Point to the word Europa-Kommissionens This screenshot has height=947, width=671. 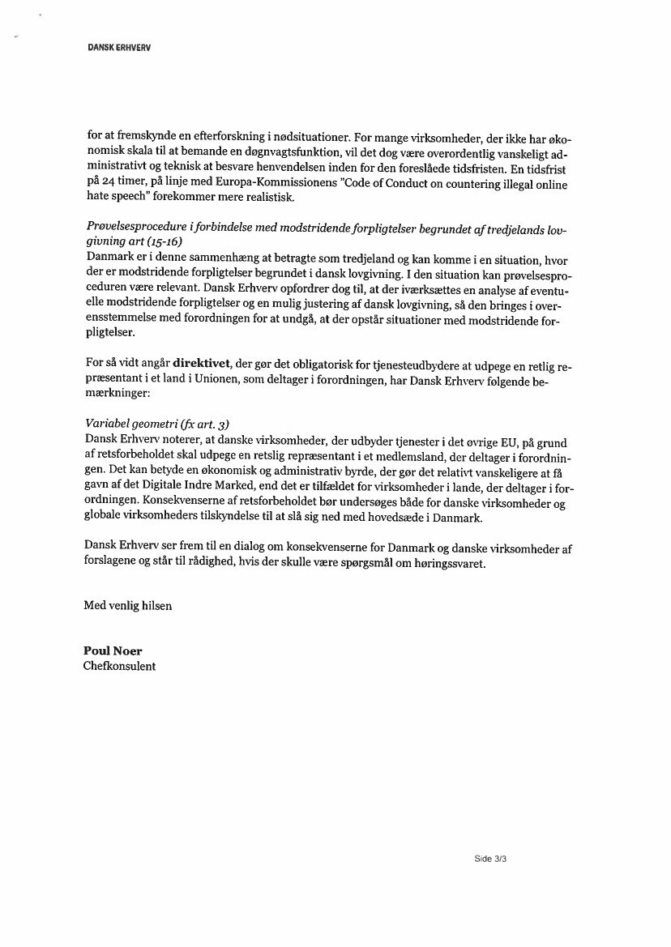pos(301,185)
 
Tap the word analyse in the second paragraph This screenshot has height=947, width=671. pos(478,289)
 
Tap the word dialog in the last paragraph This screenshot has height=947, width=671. pos(261,548)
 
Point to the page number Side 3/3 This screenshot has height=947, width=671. pos(490,859)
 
